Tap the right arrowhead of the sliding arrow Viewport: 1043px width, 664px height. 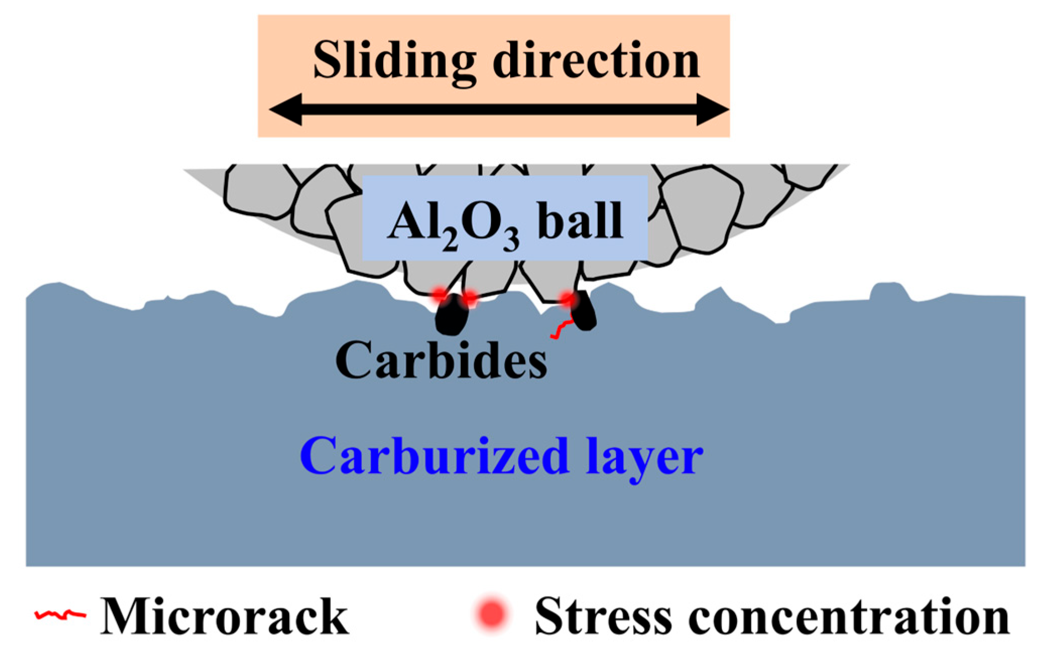[x=712, y=109]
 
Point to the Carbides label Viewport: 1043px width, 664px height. [x=441, y=360]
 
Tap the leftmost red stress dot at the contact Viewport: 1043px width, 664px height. [x=440, y=295]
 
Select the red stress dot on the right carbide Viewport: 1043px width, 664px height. [x=568, y=300]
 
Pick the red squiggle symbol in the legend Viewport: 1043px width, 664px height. [x=60, y=615]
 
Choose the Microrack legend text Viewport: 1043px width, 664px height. [x=224, y=616]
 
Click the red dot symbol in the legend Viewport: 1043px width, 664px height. [x=492, y=614]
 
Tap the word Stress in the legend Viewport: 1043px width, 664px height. [x=603, y=616]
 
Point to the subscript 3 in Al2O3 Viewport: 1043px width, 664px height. [x=511, y=241]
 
